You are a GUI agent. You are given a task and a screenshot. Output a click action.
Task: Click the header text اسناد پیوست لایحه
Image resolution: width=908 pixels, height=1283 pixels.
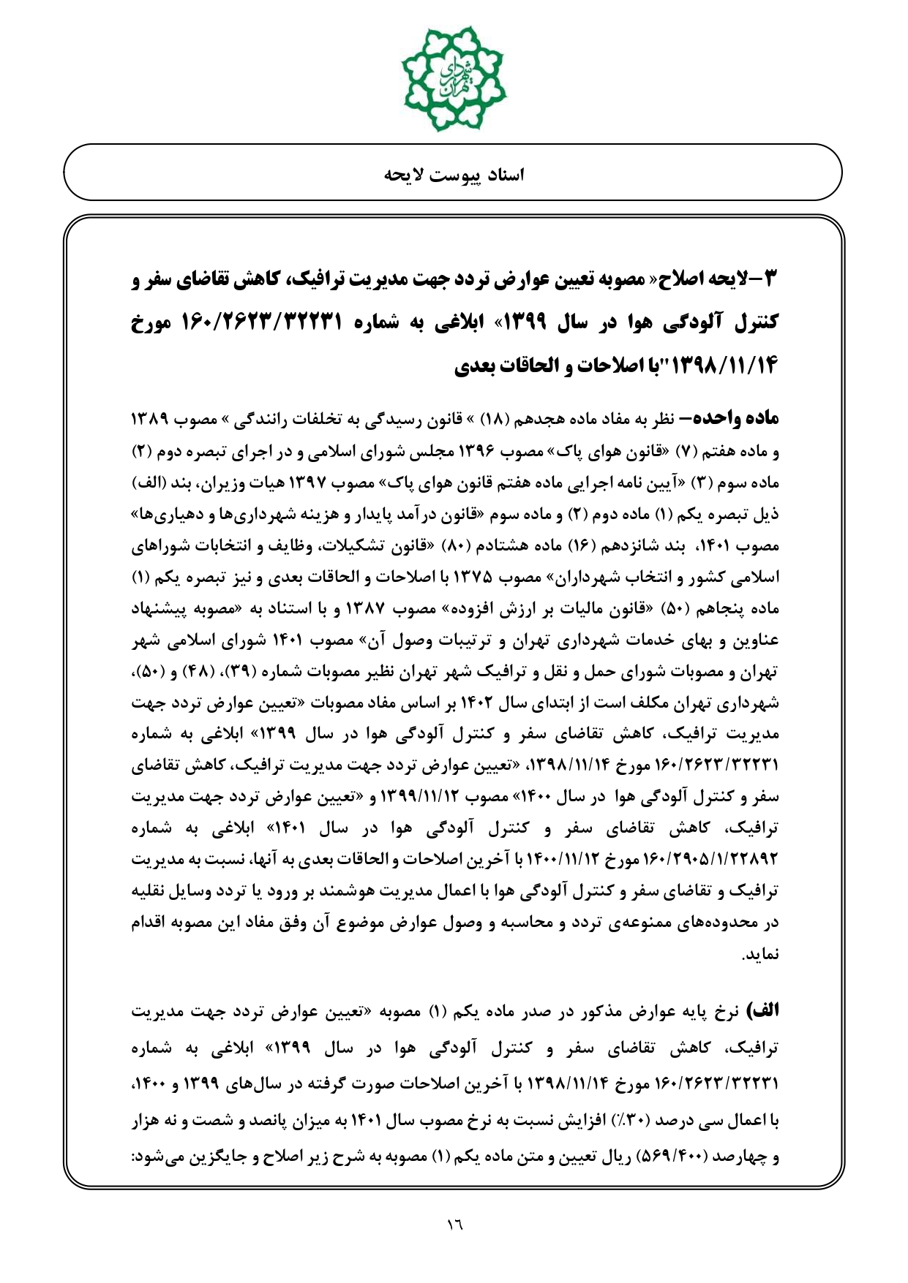[454, 175]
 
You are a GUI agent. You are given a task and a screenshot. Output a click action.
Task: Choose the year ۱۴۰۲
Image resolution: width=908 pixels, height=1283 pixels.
[503, 703]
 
